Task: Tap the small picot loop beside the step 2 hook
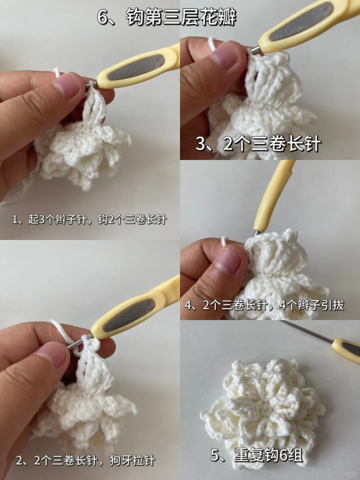pyautogui.click(x=95, y=344)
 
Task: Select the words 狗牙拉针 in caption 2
pyautogui.click(x=132, y=460)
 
